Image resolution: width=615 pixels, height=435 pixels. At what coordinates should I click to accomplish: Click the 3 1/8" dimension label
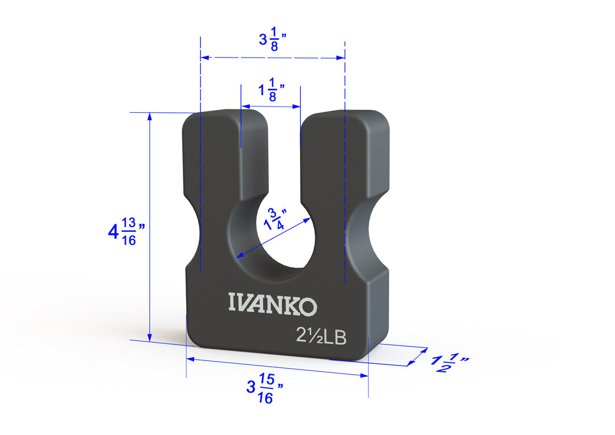[x=273, y=39]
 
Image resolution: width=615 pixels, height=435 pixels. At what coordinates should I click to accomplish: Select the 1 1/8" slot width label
[x=271, y=90]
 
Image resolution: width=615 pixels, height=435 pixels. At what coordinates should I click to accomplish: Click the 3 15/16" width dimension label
[x=265, y=388]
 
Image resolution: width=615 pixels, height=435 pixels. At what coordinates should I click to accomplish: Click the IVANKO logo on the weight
[x=273, y=304]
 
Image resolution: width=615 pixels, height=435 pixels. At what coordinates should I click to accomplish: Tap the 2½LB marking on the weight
[x=321, y=336]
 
